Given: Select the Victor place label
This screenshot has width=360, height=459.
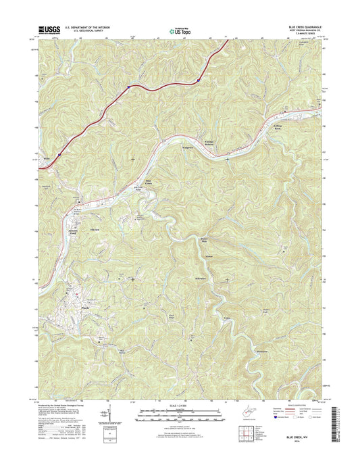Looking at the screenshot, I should coord(211,258).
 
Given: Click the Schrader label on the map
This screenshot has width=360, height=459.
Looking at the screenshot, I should coord(203,279).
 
